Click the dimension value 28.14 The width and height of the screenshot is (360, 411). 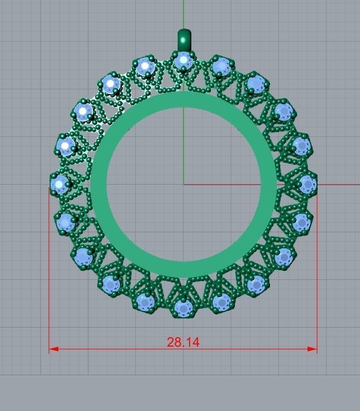(x=183, y=342)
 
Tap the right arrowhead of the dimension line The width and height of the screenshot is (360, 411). (x=312, y=349)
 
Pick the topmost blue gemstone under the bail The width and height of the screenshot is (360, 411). (x=183, y=60)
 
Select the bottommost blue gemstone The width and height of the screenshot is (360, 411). (x=182, y=308)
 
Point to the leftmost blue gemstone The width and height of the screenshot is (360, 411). (x=59, y=184)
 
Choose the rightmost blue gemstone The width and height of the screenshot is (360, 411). (x=306, y=184)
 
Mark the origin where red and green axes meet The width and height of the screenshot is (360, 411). (x=184, y=184)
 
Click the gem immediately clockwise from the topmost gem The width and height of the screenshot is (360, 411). (x=221, y=66)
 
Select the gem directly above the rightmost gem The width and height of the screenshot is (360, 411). (x=300, y=145)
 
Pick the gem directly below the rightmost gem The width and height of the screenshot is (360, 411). (x=301, y=222)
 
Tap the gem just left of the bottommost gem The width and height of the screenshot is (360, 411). (x=145, y=301)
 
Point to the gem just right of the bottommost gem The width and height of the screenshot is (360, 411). (x=221, y=301)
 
